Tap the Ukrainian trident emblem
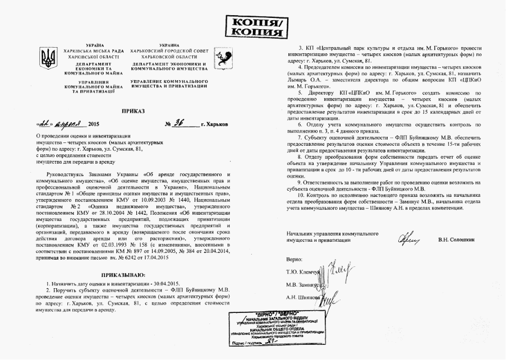(x=48, y=56)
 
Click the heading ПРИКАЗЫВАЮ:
(x=123, y=275)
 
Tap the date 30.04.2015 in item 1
(x=166, y=285)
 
